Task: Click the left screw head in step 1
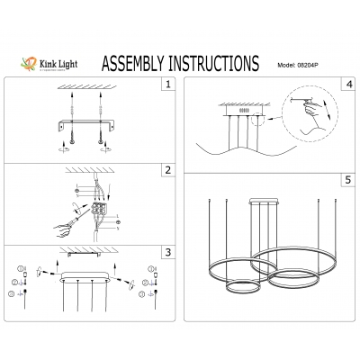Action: point(68,139)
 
